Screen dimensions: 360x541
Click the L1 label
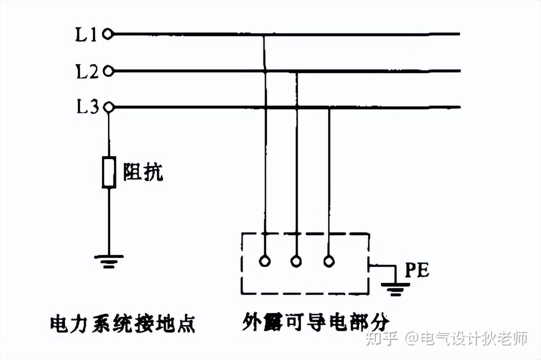pos(86,35)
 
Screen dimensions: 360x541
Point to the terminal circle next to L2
pos(108,72)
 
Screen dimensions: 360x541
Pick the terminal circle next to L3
pos(108,108)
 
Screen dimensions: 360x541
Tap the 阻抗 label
pos(143,171)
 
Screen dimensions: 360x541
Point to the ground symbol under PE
pos(395,288)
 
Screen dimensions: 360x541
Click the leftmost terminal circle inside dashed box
pos(265,261)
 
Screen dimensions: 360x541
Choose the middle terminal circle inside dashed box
pos(296,261)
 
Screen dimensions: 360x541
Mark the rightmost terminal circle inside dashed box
pos(329,261)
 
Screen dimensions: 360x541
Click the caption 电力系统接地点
pos(123,324)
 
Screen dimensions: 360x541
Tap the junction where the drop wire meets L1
pos(264,34)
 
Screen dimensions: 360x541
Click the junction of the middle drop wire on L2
pos(296,72)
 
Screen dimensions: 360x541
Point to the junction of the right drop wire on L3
pos(329,108)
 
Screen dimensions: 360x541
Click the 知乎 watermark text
pos(381,338)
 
